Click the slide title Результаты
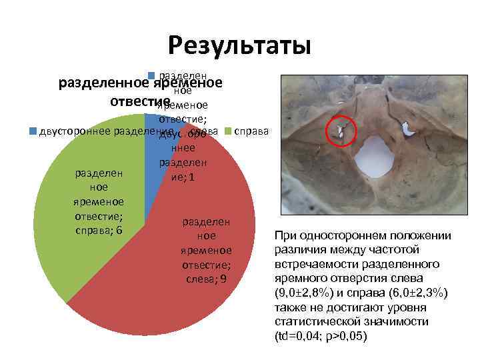coord(239,45)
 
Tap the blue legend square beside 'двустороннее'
coord(33,131)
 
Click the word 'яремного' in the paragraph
coord(300,278)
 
